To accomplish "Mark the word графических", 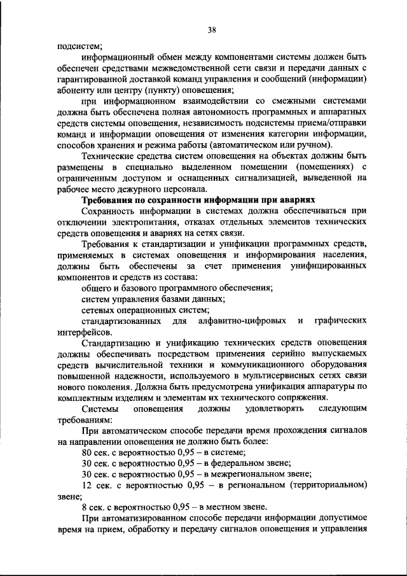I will pos(341,321).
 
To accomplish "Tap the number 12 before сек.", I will pos(88,486).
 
